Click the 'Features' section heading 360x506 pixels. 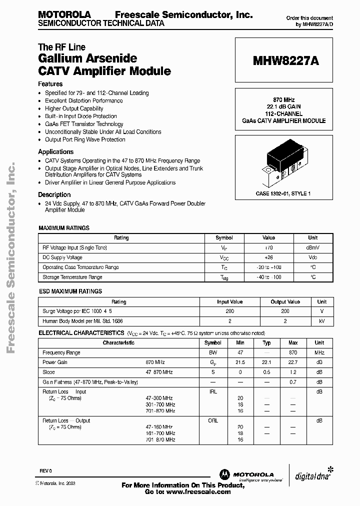click(50, 84)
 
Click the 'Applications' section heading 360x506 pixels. click(56, 151)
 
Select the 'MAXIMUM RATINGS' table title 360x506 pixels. click(64, 228)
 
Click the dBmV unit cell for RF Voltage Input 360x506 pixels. click(312, 247)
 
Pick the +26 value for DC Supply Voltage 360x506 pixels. click(268, 257)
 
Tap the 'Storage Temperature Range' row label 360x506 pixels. click(72, 277)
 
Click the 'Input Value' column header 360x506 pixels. click(229, 301)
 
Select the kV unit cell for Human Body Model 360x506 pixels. click(322, 321)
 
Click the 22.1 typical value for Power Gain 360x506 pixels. click(266, 362)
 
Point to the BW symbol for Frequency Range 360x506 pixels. click(213, 352)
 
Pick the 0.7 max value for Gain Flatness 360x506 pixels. click(293, 382)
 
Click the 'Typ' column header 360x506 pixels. click(266, 343)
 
